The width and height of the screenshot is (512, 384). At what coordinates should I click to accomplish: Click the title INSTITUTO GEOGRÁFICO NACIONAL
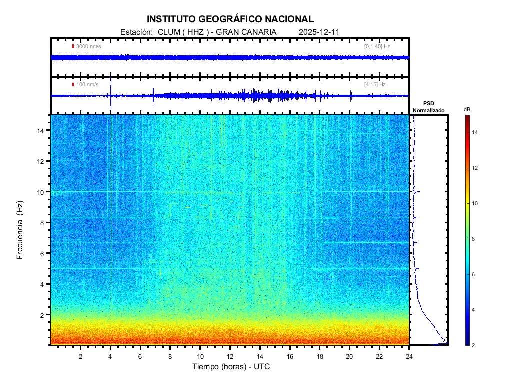[x=230, y=19]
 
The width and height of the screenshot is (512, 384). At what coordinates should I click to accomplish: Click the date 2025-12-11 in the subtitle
[x=319, y=32]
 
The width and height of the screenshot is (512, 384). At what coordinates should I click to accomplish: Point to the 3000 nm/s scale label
[x=89, y=46]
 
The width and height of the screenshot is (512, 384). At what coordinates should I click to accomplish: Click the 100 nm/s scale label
[x=87, y=84]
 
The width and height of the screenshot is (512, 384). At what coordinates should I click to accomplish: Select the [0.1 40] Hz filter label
[x=377, y=46]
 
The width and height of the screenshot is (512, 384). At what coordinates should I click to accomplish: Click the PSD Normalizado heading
[x=428, y=107]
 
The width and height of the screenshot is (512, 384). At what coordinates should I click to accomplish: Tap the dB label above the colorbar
[x=466, y=109]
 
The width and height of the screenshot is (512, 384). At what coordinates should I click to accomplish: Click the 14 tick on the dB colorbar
[x=476, y=133]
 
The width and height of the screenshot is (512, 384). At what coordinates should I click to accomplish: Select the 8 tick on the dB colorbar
[x=476, y=239]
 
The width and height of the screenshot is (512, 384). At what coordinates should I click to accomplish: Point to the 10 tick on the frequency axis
[x=43, y=192]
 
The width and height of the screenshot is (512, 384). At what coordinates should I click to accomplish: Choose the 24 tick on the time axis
[x=409, y=356]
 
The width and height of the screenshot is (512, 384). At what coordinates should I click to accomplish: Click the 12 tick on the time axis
[x=230, y=356]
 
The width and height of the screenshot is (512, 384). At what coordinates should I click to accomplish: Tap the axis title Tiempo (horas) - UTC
[x=231, y=367]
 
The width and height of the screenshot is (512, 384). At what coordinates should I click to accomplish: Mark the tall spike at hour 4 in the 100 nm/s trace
[x=110, y=87]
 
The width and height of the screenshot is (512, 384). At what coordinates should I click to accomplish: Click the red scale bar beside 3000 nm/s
[x=73, y=46]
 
